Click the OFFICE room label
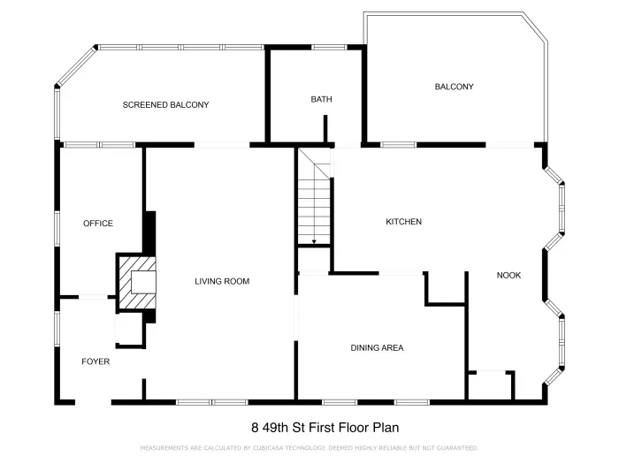(98, 224)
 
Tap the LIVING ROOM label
(222, 282)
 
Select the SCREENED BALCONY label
(165, 105)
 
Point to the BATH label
(321, 100)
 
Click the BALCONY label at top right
(454, 87)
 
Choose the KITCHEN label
(403, 222)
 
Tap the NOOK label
(508, 276)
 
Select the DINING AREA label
(377, 348)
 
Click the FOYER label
(96, 361)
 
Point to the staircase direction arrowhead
(314, 241)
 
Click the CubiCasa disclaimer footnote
(309, 448)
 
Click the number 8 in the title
(255, 427)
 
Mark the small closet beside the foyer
(128, 330)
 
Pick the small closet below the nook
(490, 386)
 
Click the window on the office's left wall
(57, 225)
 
